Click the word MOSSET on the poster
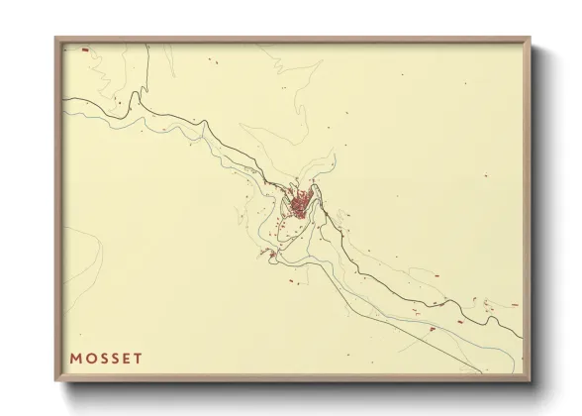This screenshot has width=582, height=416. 106,358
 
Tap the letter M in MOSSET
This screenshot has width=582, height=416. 76,358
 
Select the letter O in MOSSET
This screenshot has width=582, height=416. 90,358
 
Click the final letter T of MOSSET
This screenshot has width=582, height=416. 138,358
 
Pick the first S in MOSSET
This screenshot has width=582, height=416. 103,358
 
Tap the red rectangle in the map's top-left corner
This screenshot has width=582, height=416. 85,49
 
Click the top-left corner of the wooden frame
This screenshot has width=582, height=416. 56,39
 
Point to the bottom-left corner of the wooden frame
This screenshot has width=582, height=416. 56,381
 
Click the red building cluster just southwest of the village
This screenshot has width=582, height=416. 269,256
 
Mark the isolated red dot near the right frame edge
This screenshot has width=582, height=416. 514,305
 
